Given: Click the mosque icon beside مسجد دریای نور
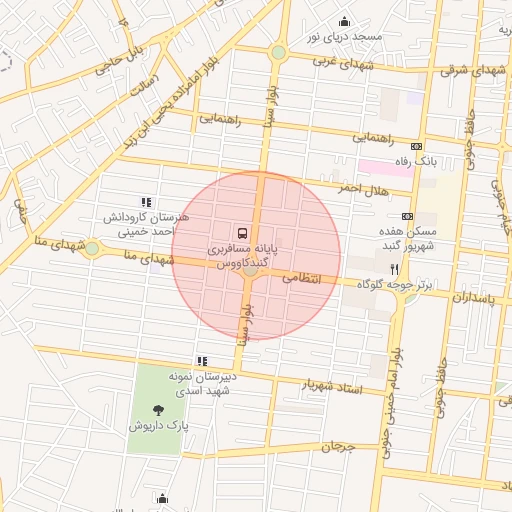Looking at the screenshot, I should tap(346, 22).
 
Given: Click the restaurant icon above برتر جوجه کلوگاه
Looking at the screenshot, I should tap(395, 269).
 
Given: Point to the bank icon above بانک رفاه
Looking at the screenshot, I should tap(417, 146).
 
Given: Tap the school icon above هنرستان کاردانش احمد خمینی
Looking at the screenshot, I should tap(147, 202).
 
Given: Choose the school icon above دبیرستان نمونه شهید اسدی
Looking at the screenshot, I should tap(203, 361).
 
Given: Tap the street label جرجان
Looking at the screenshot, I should tap(338, 447).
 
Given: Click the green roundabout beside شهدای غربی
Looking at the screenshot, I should tap(278, 52).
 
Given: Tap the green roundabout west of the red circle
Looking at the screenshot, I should tap(92, 248).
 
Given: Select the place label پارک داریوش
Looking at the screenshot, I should tap(157, 425).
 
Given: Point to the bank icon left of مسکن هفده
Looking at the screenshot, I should tap(407, 216).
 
